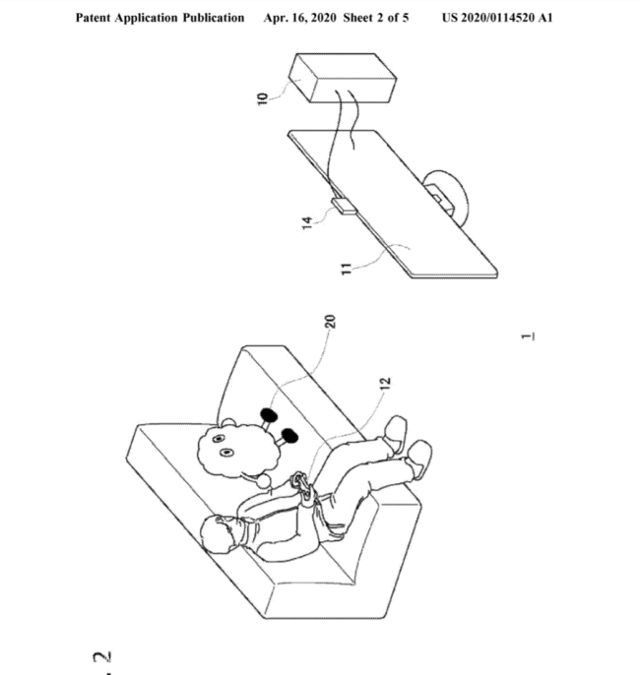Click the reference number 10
point(262,98)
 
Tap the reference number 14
point(307,222)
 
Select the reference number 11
point(347,269)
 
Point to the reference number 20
point(330,322)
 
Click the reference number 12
point(385,383)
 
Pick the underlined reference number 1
point(528,337)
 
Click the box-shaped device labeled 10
point(343,78)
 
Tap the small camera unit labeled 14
point(344,206)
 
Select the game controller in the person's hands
point(303,486)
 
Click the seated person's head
point(220,533)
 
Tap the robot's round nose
point(264,480)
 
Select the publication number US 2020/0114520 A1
point(497,18)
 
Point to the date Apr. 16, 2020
point(299,18)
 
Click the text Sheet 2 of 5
point(375,18)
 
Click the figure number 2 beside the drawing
point(102,657)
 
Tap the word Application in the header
point(147,18)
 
